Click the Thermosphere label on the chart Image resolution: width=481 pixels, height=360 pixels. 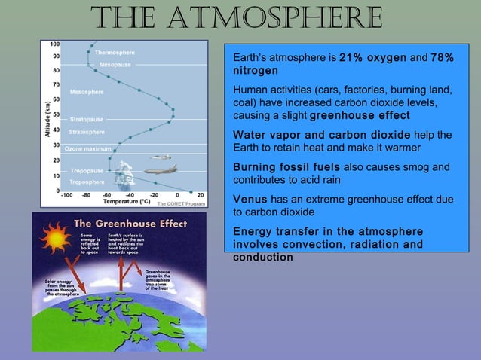pyautogui.click(x=115, y=53)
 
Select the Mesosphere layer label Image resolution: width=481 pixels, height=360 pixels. pyautogui.click(x=87, y=92)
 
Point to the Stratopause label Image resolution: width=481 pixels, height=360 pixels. pyautogui.click(x=87, y=120)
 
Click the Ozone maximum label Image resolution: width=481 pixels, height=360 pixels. pyautogui.click(x=87, y=148)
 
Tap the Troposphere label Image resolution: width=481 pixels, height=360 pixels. pyautogui.click(x=87, y=182)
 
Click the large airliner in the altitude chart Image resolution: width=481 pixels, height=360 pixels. pyautogui.click(x=159, y=171)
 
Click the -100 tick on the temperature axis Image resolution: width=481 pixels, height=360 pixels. pyautogui.click(x=66, y=195)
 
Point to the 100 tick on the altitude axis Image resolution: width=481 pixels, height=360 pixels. pyautogui.click(x=56, y=44)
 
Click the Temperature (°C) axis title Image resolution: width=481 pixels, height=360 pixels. pyautogui.click(x=111, y=202)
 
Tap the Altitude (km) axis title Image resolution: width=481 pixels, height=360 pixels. pyautogui.click(x=47, y=117)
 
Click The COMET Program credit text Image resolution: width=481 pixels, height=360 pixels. pyautogui.click(x=180, y=203)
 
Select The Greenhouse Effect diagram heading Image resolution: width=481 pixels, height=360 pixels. pyautogui.click(x=124, y=224)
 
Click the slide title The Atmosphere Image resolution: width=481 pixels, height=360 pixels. pyautogui.click(x=238, y=17)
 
